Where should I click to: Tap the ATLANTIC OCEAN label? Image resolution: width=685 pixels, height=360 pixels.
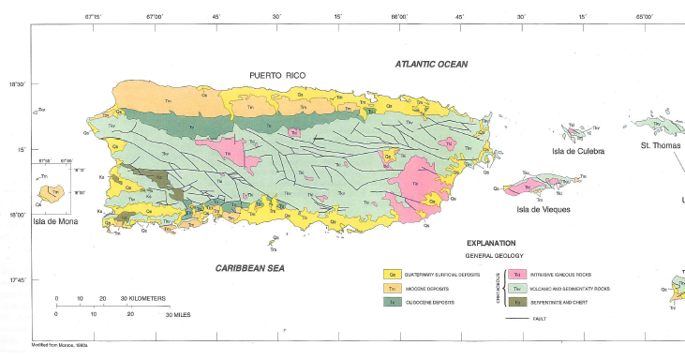pos(431,64)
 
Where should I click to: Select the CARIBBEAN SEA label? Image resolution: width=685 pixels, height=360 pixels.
pos(249,268)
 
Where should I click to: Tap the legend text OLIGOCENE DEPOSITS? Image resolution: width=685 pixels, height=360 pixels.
pos(434,303)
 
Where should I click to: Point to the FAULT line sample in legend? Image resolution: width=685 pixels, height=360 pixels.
pos(517,320)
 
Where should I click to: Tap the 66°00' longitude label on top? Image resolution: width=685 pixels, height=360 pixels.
pos(399,16)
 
